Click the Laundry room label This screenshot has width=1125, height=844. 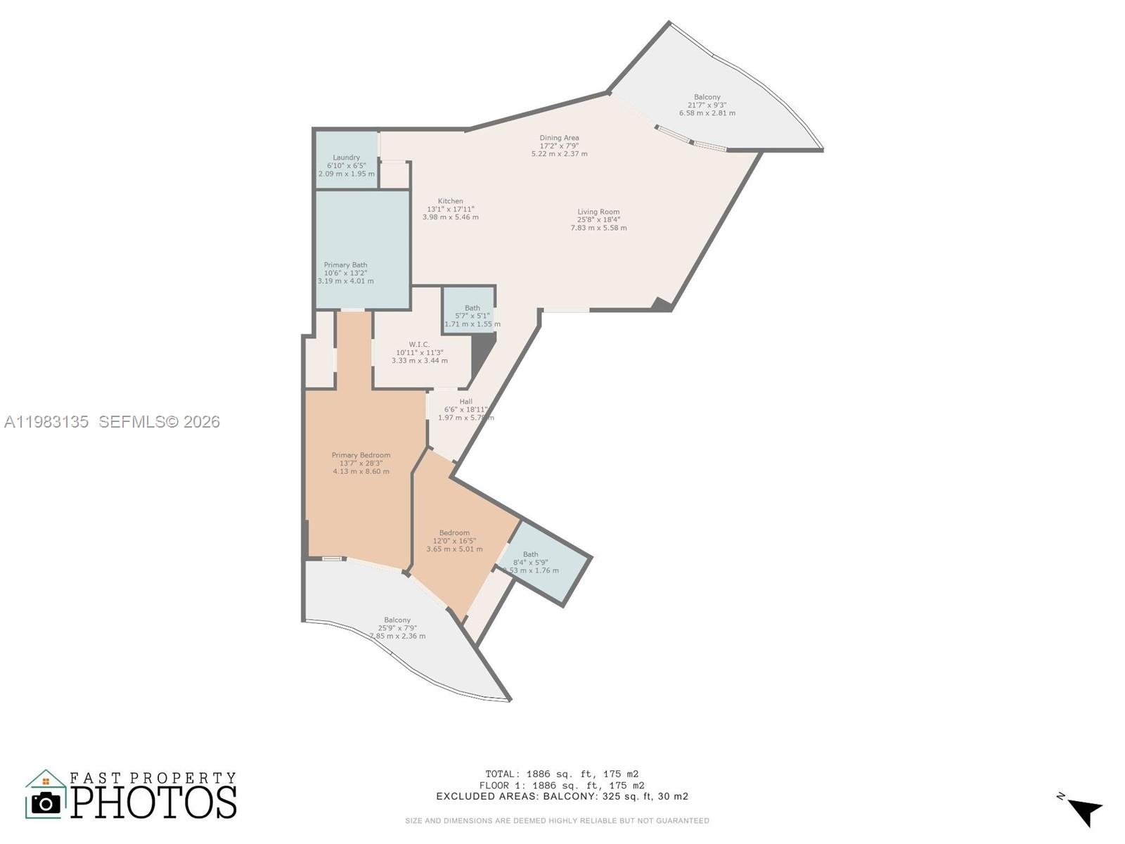point(346,165)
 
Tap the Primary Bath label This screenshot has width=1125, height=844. point(345,273)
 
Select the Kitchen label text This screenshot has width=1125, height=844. point(450,209)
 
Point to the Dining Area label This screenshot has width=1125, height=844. point(559,146)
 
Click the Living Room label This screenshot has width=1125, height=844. point(598,219)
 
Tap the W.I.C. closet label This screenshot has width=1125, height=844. point(419,352)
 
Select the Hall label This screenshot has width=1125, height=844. point(465,409)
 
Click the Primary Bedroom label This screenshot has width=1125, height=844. point(361,463)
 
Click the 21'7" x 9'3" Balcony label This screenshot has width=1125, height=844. point(707,105)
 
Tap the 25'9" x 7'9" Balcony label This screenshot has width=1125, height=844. point(397,628)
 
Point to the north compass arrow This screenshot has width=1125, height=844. point(1084,811)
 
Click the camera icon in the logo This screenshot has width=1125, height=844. point(46,803)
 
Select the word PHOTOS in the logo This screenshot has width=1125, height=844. point(153,803)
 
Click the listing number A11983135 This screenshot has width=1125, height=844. point(46,421)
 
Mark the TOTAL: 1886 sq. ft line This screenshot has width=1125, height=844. point(561,774)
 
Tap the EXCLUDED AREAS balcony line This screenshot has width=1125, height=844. point(561,796)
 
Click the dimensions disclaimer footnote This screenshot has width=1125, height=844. point(557,820)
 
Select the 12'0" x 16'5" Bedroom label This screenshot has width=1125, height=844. point(454,541)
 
